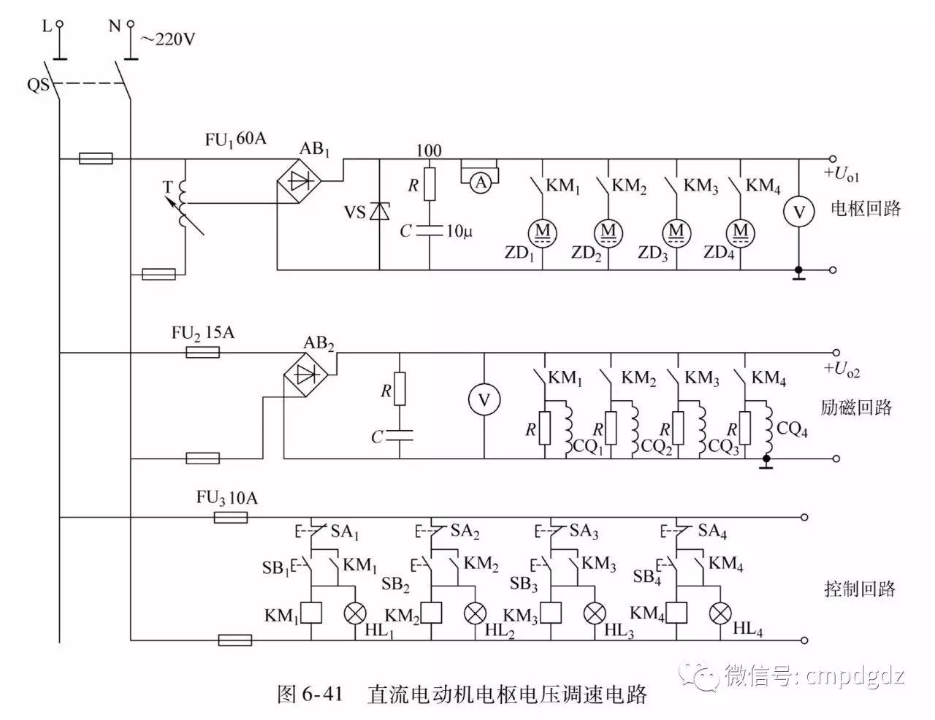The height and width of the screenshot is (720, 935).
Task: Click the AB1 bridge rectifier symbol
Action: pyautogui.click(x=301, y=182)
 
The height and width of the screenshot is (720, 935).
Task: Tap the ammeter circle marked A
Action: pyautogui.click(x=480, y=183)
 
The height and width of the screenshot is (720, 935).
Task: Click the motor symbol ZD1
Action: pyautogui.click(x=543, y=231)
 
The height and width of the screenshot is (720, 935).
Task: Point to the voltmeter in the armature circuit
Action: pyautogui.click(x=799, y=212)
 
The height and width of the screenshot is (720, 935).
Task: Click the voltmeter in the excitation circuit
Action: pyautogui.click(x=484, y=399)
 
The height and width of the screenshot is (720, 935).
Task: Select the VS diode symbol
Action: pyautogui.click(x=380, y=212)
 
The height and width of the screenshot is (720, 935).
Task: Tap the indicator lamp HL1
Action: pyautogui.click(x=355, y=613)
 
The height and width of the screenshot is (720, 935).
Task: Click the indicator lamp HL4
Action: pyautogui.click(x=722, y=613)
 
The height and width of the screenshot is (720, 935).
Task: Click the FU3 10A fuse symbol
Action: pyautogui.click(x=231, y=518)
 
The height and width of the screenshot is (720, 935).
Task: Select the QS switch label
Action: pyautogui.click(x=38, y=85)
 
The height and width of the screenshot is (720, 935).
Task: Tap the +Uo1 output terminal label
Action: pyautogui.click(x=841, y=175)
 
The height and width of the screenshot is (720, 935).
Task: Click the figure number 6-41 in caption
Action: pyautogui.click(x=321, y=694)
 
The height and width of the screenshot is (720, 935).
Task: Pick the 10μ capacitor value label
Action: pyautogui.click(x=459, y=231)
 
